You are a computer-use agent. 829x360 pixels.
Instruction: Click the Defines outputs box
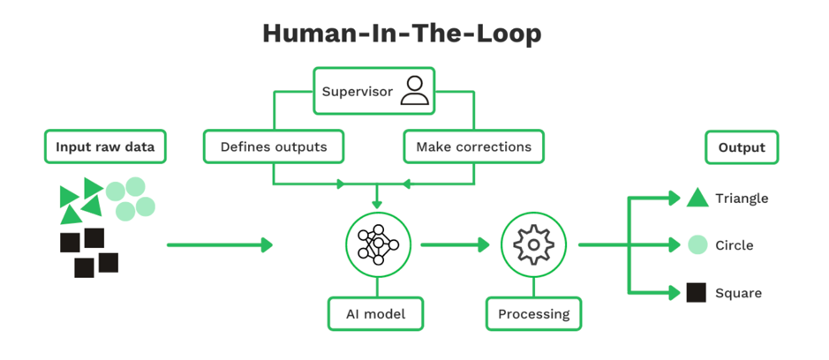click(273, 146)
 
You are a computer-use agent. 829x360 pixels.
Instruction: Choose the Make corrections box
click(473, 146)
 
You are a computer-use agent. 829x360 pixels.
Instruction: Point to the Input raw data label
click(105, 146)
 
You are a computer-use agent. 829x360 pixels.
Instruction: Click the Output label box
click(742, 146)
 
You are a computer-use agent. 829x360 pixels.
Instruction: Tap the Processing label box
click(533, 313)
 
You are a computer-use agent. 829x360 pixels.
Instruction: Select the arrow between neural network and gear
click(456, 244)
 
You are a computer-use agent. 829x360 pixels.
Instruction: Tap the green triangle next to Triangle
click(697, 198)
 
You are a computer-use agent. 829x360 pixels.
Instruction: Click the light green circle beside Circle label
click(697, 244)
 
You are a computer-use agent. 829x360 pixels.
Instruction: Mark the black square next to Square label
click(697, 292)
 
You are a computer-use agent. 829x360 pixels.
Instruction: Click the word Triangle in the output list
click(742, 199)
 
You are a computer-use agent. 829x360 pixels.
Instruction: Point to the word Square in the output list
click(738, 293)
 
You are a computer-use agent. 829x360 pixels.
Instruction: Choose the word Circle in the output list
click(735, 245)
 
